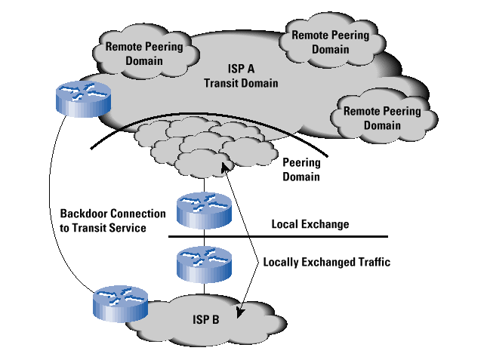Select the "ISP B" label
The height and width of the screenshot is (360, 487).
[205, 321]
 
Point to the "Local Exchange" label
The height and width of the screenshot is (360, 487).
[310, 224]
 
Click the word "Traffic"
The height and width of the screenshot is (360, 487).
[371, 263]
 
